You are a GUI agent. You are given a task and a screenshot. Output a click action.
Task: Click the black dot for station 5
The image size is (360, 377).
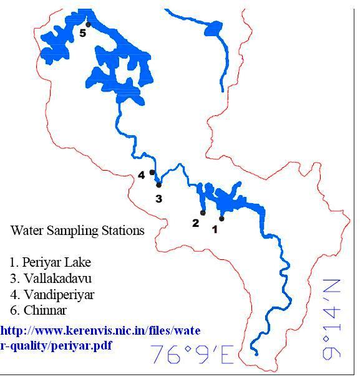[89, 24]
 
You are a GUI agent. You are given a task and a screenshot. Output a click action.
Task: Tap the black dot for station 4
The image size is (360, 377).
[152, 173]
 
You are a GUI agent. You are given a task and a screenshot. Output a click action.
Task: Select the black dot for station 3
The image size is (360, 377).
[158, 185]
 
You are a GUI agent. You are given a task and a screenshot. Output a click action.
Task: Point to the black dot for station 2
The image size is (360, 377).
[203, 213]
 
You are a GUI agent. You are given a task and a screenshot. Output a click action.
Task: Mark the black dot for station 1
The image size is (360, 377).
[221, 219]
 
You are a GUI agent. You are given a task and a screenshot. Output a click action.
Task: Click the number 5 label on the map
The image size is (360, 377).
[82, 34]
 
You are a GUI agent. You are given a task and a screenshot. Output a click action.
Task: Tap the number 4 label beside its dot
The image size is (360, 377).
[142, 175]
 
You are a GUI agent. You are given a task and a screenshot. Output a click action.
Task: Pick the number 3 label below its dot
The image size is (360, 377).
[158, 199]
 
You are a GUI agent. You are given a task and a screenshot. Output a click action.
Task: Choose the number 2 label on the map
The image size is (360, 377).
[195, 222]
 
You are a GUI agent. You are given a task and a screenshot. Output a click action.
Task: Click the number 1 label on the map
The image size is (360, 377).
[215, 229]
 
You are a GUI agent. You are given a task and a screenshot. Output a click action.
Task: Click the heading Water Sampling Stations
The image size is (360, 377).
[77, 231]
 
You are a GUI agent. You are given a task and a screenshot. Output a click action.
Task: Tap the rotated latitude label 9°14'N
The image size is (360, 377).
[333, 319]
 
